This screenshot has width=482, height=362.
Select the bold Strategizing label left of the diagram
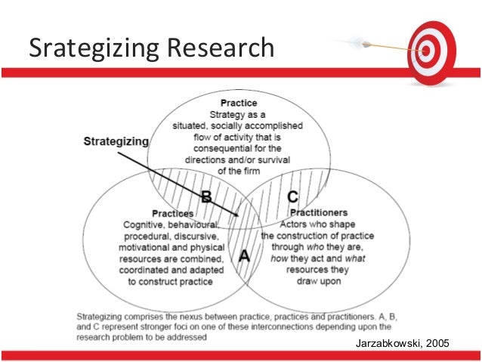point(116,141)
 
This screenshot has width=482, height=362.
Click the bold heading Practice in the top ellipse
point(239,103)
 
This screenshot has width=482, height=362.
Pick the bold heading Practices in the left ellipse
point(172,214)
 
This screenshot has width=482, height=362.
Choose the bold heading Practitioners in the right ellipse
point(317,214)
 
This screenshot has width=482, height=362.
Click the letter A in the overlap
point(244,256)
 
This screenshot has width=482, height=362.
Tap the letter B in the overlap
point(205,197)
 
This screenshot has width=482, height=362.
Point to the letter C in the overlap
point(292,196)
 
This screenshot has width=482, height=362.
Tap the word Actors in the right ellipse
point(294,224)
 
